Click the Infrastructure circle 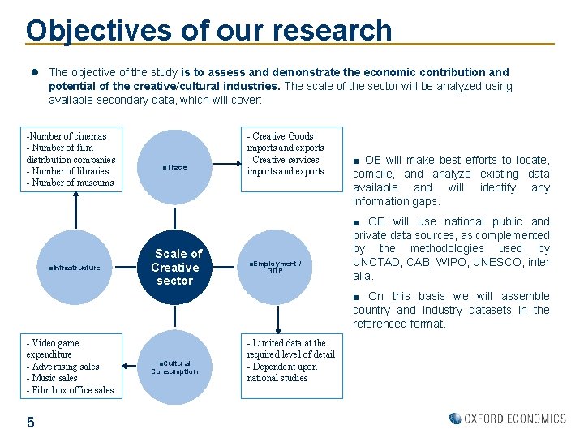75,267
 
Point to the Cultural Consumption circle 174,367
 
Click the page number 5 30,422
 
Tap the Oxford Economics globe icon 455,419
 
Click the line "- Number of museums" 71,182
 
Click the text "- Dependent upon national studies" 282,372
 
